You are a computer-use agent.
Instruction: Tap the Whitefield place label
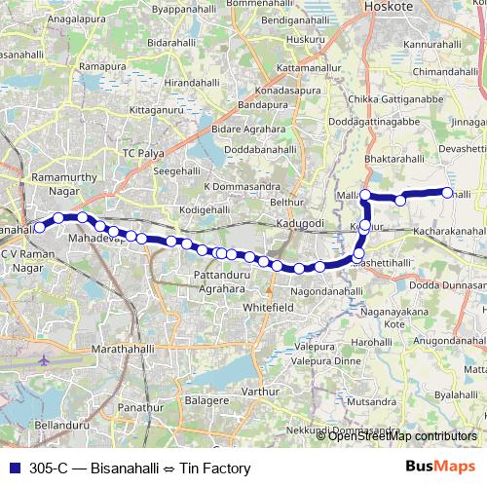(268, 305)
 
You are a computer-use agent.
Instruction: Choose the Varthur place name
(260, 392)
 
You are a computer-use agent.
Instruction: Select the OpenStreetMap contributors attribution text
(402, 436)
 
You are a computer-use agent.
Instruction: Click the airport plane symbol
(43, 359)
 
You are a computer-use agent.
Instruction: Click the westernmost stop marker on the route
(40, 227)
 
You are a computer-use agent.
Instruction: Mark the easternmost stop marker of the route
(448, 193)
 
